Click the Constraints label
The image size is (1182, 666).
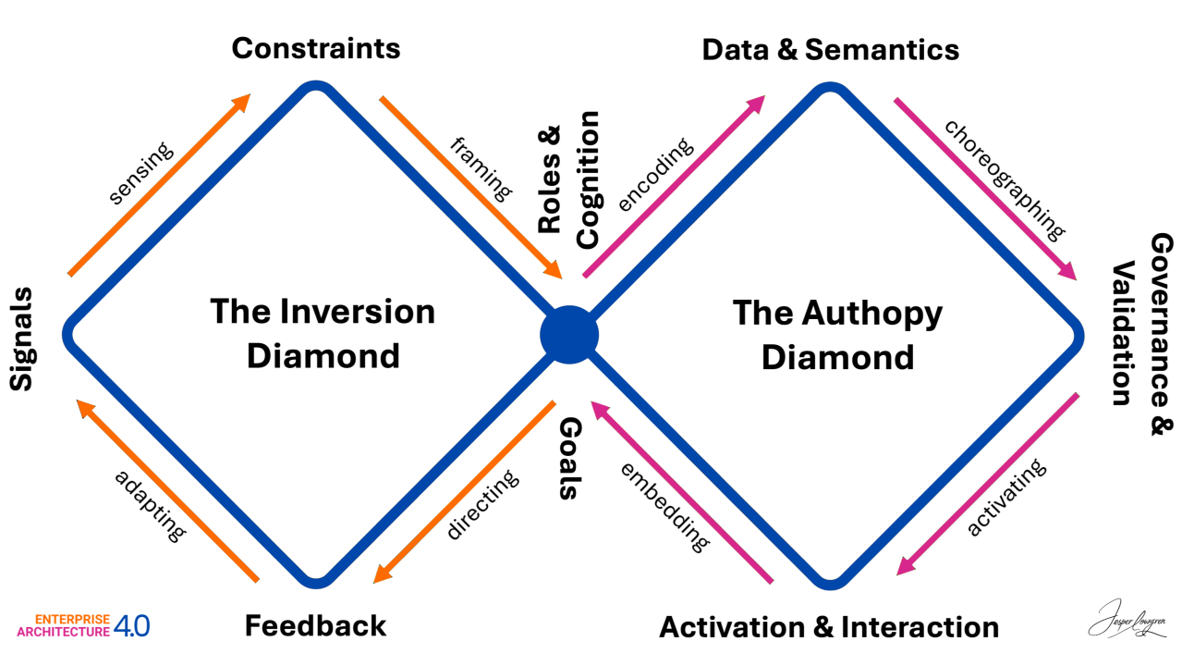tap(316, 48)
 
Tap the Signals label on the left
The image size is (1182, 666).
tap(21, 339)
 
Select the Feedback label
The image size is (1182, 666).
tap(315, 626)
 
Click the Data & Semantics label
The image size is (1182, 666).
tap(830, 49)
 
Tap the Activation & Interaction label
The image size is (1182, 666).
tap(829, 627)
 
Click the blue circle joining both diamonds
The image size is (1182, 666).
tap(569, 334)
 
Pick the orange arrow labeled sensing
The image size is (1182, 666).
tap(159, 184)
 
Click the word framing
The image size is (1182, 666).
tap(481, 169)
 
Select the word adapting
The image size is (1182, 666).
tap(151, 505)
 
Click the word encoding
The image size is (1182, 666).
tap(654, 176)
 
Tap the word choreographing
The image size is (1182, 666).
tap(1004, 179)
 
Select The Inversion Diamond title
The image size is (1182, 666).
tap(322, 333)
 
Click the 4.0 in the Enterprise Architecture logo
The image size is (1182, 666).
tap(131, 627)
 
